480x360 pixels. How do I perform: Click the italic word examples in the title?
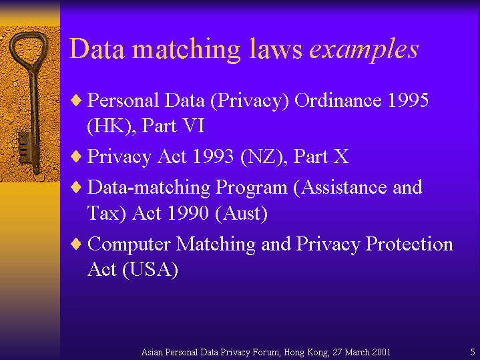[x=364, y=50]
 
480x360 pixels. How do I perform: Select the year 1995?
[x=408, y=100]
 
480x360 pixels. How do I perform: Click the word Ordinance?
[x=338, y=100]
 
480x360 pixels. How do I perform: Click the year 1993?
[x=214, y=156]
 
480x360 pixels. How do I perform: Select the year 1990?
[x=188, y=213]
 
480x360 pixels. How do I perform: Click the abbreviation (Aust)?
[x=241, y=214]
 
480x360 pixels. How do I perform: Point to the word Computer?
[x=129, y=244]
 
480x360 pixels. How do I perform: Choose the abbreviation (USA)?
[x=150, y=271]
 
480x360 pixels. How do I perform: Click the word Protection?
[x=409, y=244]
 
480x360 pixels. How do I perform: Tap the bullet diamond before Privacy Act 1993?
[x=76, y=156]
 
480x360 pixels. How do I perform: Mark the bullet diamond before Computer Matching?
[x=76, y=244]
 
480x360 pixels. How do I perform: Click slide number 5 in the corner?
[x=473, y=352]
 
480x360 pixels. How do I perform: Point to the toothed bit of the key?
[x=25, y=148]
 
